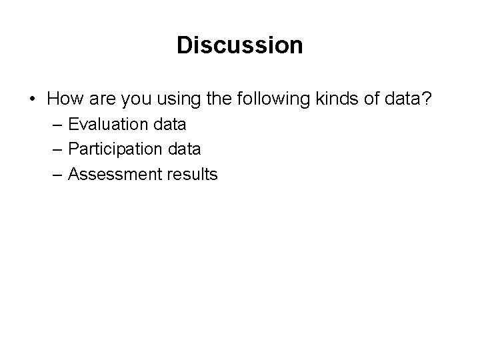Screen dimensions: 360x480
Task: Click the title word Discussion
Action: (240, 45)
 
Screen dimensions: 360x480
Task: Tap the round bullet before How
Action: (31, 100)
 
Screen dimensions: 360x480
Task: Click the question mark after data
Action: (427, 99)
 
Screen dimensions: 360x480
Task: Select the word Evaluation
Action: (109, 124)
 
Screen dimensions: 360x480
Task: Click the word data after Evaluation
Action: (170, 124)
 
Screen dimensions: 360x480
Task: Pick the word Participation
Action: (117, 149)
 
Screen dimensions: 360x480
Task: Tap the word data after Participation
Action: (185, 149)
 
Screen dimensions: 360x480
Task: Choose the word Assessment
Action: (115, 175)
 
